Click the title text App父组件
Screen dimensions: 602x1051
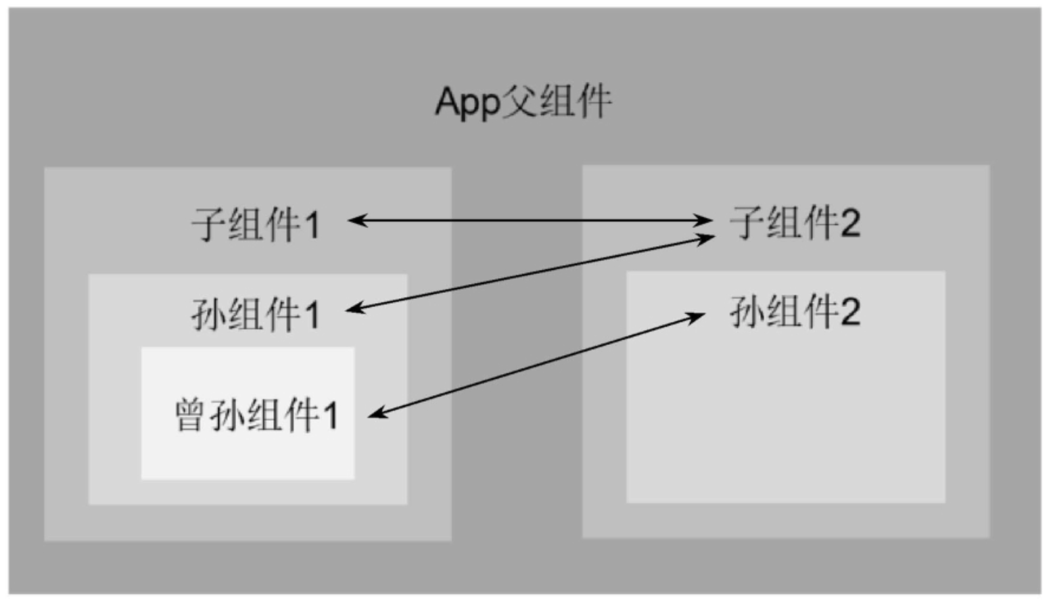(x=523, y=103)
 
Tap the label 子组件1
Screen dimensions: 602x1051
(x=255, y=225)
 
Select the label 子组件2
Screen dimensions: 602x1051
(x=794, y=223)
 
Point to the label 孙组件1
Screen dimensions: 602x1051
(x=255, y=315)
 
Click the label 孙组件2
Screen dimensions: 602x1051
(x=794, y=312)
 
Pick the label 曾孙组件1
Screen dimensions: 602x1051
(x=256, y=415)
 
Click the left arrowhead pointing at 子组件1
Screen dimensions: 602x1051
(x=356, y=221)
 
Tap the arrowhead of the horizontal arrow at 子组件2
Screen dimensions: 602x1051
(x=705, y=221)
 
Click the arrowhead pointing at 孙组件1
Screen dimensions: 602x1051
(x=354, y=310)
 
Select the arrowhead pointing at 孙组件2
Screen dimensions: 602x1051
(x=697, y=315)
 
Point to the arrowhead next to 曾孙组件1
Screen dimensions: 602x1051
(x=377, y=413)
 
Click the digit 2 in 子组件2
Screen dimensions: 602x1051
(x=849, y=223)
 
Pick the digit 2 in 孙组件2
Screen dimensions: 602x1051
(x=849, y=312)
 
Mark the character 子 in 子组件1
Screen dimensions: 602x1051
(x=208, y=225)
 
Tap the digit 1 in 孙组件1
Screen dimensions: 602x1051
(x=311, y=315)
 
